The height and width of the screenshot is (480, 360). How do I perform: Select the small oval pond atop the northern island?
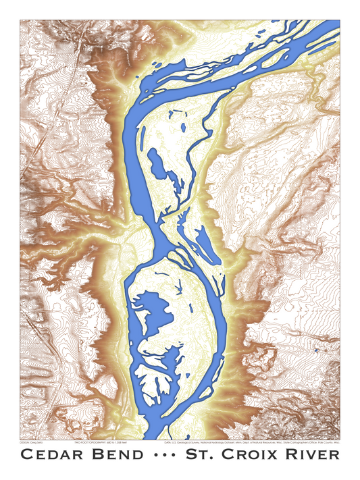point(182,126)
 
